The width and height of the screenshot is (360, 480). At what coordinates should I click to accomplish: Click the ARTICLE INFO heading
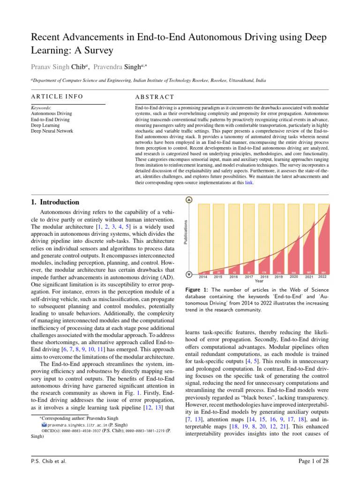point(57,97)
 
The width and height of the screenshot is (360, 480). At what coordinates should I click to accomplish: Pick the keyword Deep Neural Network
point(52,131)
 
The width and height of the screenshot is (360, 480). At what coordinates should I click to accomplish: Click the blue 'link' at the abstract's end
point(249,183)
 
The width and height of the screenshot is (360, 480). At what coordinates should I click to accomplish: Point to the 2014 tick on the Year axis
point(203,277)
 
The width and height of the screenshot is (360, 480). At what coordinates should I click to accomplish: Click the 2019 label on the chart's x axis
point(278,277)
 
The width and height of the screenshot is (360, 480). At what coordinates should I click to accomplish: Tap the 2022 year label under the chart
point(322,277)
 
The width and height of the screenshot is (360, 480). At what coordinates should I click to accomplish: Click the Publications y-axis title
point(186,232)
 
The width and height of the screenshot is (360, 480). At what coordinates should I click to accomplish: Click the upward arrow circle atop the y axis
point(189,200)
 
